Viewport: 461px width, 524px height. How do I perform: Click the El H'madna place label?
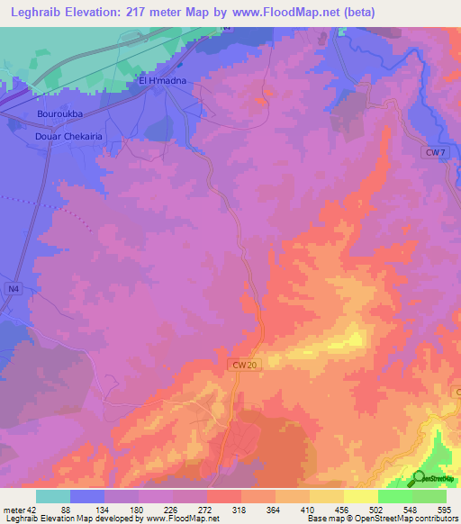click(x=162, y=81)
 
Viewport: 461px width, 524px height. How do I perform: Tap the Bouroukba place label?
click(x=60, y=114)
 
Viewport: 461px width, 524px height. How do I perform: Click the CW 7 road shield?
click(x=436, y=153)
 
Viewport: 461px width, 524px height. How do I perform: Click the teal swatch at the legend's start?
click(x=53, y=496)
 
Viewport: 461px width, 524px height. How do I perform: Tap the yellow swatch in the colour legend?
click(x=360, y=496)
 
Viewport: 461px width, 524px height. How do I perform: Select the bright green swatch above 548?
click(x=394, y=496)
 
